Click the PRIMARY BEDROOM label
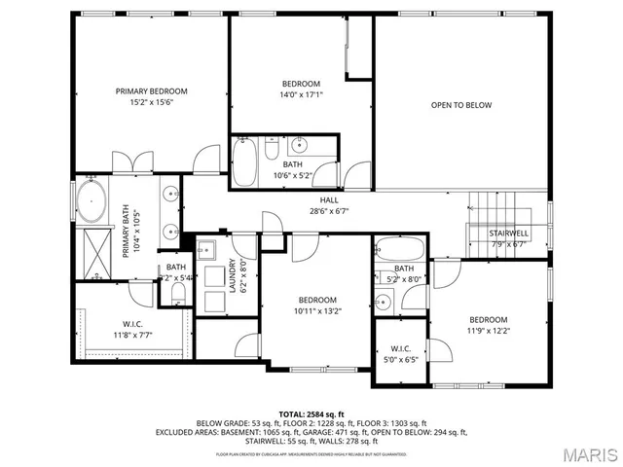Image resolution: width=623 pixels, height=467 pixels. click(x=151, y=91)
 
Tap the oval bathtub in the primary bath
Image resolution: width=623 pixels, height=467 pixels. click(x=92, y=200)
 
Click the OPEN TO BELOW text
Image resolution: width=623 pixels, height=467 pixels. click(x=461, y=105)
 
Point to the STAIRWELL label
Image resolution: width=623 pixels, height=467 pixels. click(x=508, y=233)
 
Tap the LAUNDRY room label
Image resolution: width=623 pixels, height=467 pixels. click(x=232, y=275)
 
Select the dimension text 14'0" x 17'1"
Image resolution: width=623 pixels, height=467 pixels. click(x=301, y=95)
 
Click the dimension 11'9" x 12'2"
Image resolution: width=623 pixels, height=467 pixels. click(x=488, y=332)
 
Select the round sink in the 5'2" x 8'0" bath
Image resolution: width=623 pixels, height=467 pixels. click(x=382, y=302)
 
